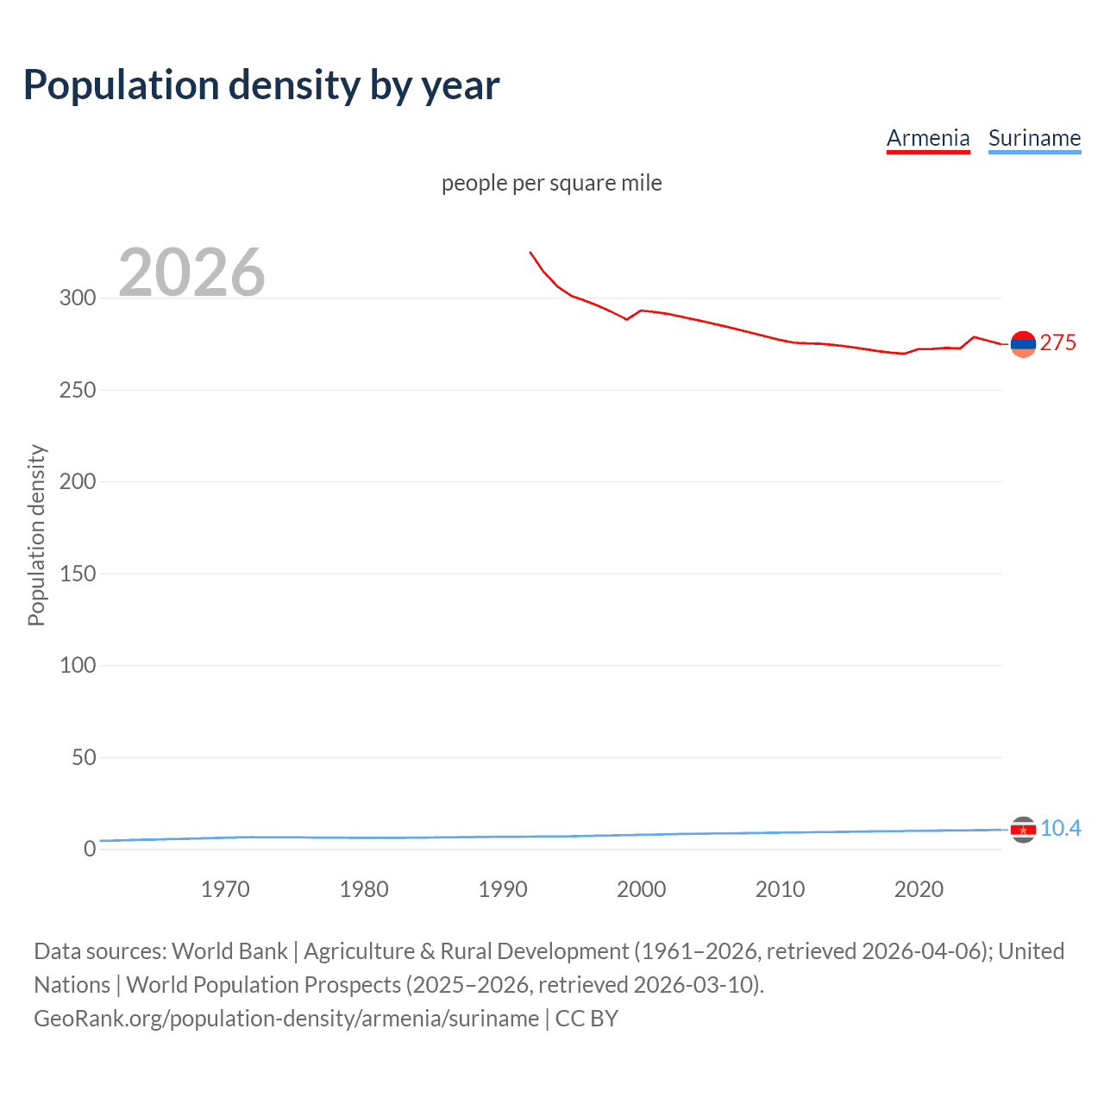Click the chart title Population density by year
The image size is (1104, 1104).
[261, 85]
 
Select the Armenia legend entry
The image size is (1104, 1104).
[928, 138]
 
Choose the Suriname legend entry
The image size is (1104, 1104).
[1034, 138]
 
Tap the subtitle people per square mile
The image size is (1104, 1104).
[552, 183]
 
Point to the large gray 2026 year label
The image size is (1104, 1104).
[191, 273]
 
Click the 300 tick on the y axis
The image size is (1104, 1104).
[78, 298]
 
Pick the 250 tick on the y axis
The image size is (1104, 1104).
[78, 390]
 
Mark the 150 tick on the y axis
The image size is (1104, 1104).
[78, 574]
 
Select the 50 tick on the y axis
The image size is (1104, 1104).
[84, 757]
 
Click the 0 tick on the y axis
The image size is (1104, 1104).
[90, 849]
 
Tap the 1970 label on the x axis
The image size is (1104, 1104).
[225, 889]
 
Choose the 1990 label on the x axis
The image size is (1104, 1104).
[503, 889]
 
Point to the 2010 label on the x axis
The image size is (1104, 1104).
[780, 889]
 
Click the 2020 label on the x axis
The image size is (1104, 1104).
[919, 889]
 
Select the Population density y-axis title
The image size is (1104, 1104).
[36, 535]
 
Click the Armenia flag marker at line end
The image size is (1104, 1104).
[1023, 344]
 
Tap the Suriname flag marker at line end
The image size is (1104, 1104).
[1023, 830]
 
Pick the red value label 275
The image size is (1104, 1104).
[1058, 343]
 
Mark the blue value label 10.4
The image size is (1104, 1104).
[1060, 829]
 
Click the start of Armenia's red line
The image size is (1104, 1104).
[530, 253]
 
